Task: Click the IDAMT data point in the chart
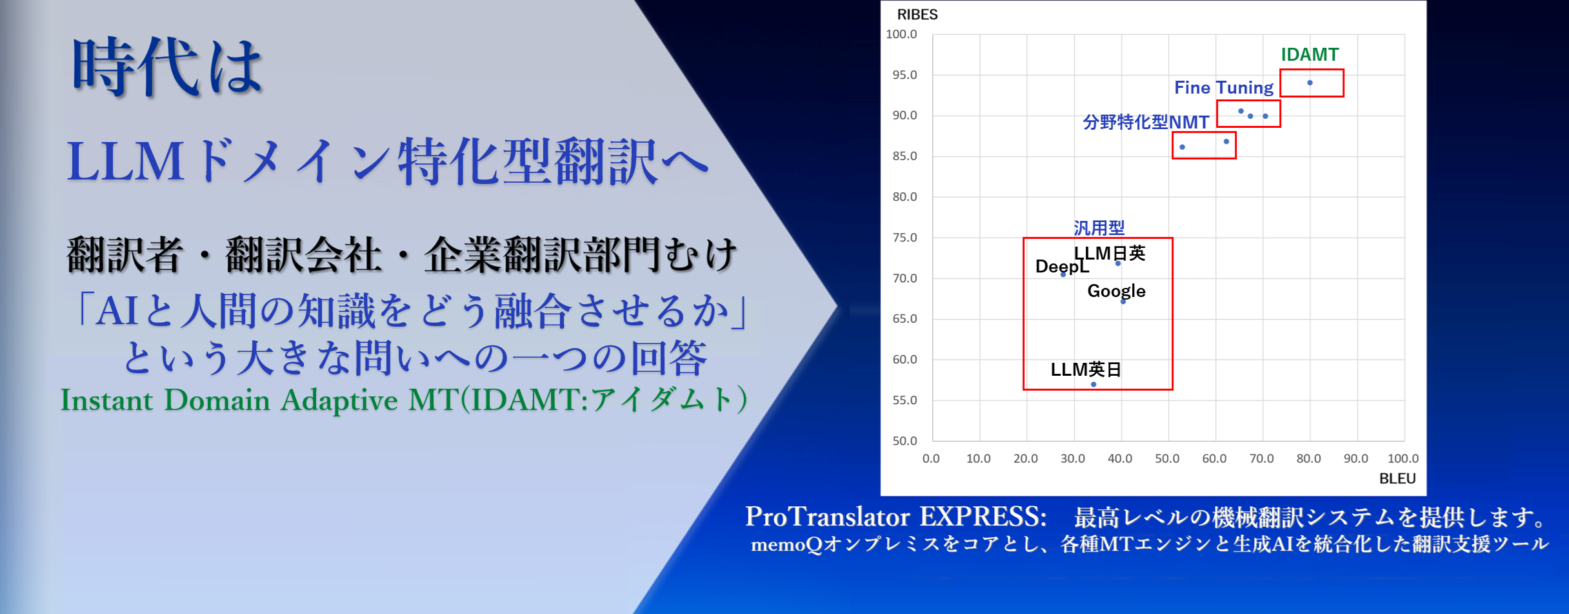(1310, 83)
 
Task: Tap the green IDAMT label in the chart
(1310, 54)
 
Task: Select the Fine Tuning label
(1223, 88)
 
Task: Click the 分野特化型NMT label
(1146, 122)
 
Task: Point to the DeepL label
(1061, 266)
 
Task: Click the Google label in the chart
(1116, 291)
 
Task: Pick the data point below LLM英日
(1094, 384)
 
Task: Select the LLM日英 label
(1110, 253)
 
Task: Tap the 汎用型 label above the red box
(1099, 228)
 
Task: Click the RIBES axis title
(917, 14)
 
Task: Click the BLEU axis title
(1397, 478)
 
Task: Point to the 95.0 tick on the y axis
(904, 75)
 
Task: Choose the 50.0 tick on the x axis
(1167, 458)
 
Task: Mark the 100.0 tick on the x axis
(1403, 458)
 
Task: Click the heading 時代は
(167, 67)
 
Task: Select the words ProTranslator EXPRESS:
(895, 517)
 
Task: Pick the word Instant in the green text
(107, 400)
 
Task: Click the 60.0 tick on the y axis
(904, 360)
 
